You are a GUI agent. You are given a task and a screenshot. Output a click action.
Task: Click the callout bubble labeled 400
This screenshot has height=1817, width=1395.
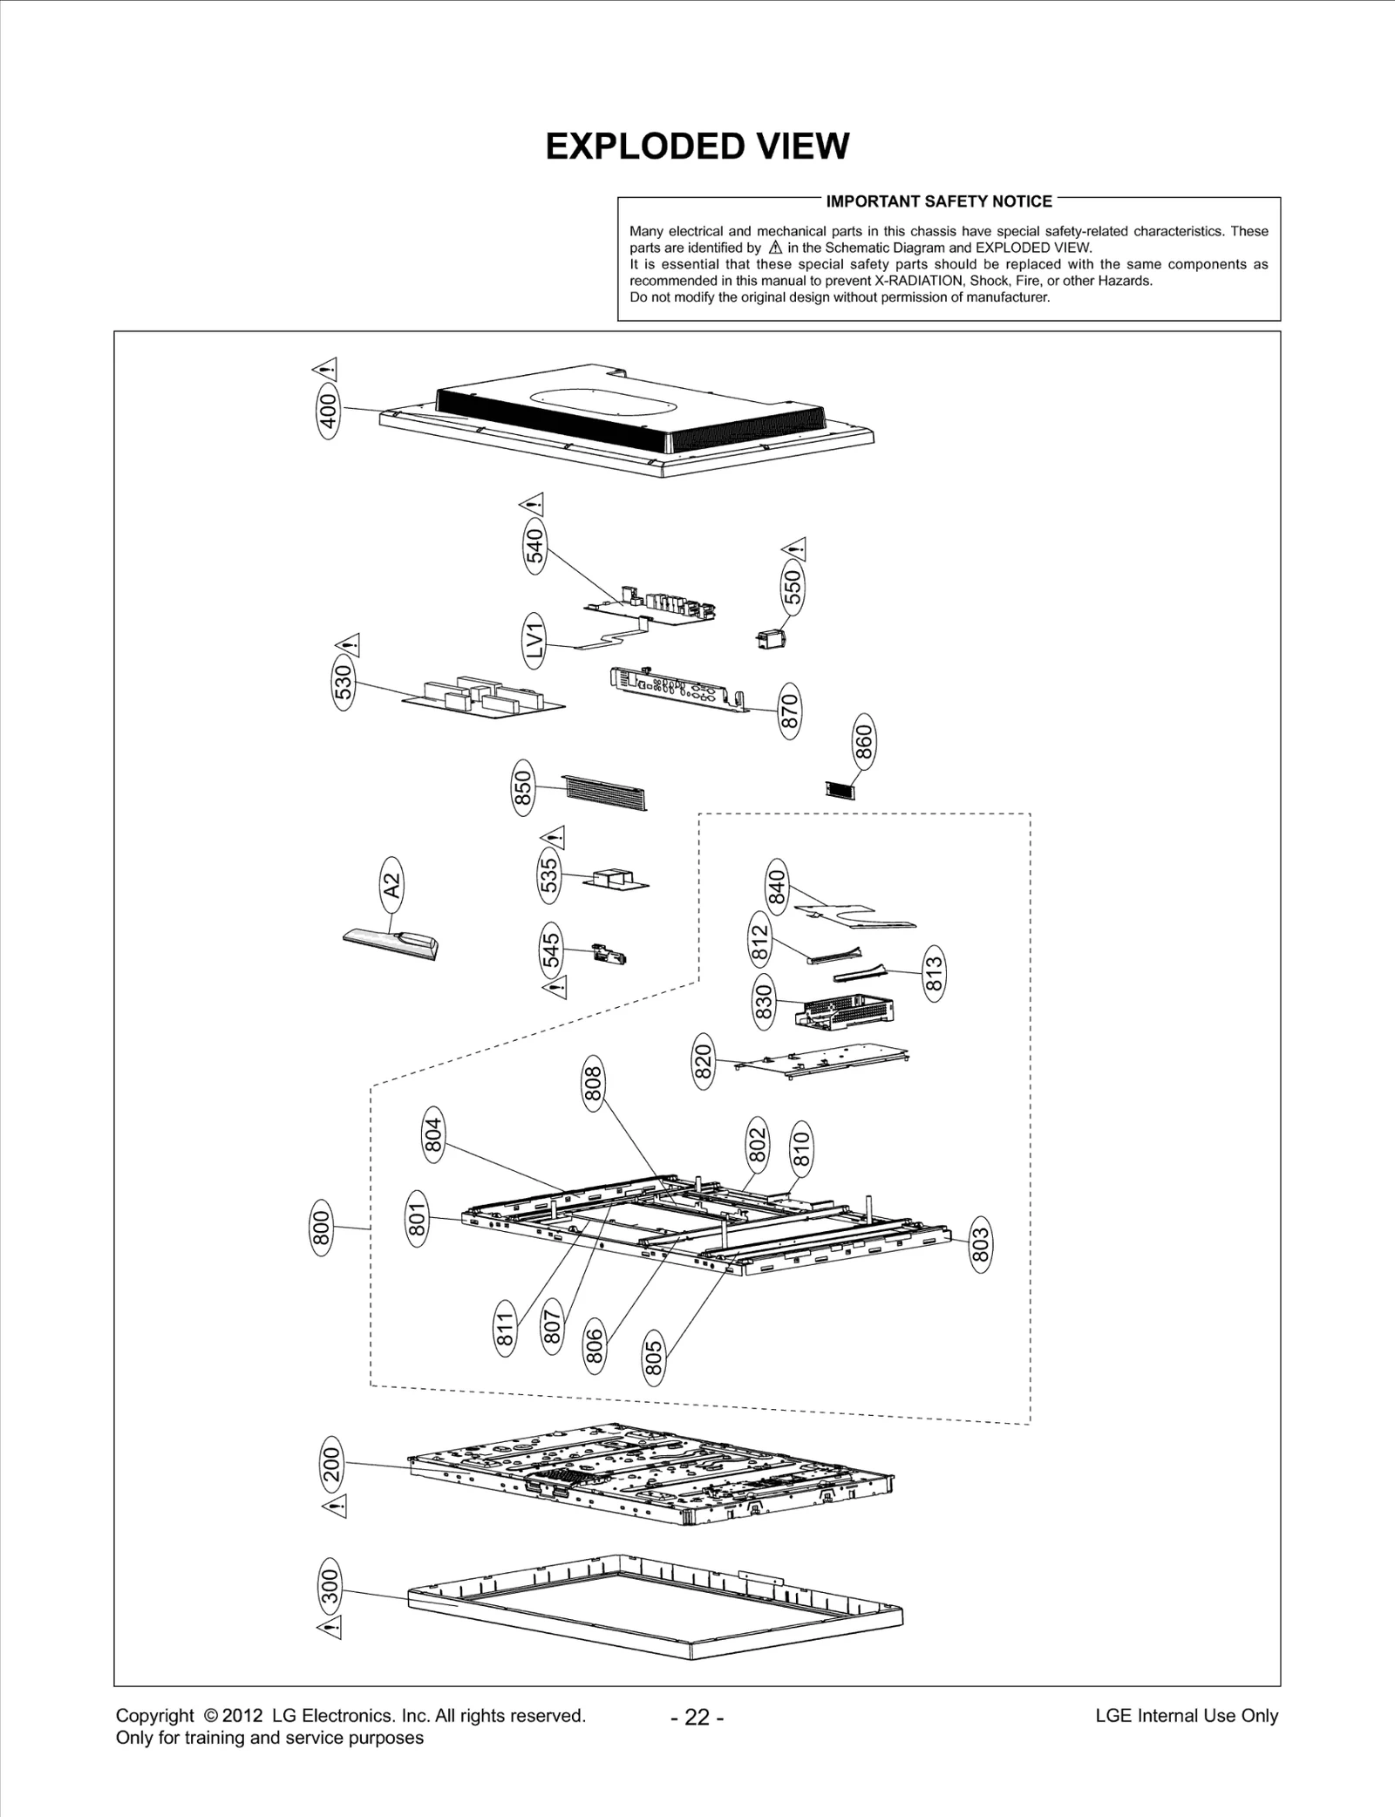coord(328,412)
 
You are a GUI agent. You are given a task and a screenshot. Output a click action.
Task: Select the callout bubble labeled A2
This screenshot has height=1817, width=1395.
coord(393,885)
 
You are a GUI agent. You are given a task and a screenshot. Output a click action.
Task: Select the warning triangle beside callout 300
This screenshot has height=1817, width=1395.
coord(331,1627)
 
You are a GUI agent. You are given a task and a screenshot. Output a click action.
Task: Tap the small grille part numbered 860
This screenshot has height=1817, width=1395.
coord(840,789)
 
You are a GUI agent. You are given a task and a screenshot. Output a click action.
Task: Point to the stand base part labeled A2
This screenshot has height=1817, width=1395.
coord(392,943)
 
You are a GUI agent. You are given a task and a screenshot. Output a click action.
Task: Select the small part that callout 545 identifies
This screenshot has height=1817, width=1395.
coord(611,954)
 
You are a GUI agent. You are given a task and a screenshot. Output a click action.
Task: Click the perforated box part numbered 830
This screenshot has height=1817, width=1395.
coord(844,1011)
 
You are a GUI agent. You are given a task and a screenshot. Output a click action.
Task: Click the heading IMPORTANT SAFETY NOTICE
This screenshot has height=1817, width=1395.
coord(939,201)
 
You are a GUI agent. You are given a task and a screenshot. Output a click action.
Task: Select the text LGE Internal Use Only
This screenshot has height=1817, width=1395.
coord(1187,1716)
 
